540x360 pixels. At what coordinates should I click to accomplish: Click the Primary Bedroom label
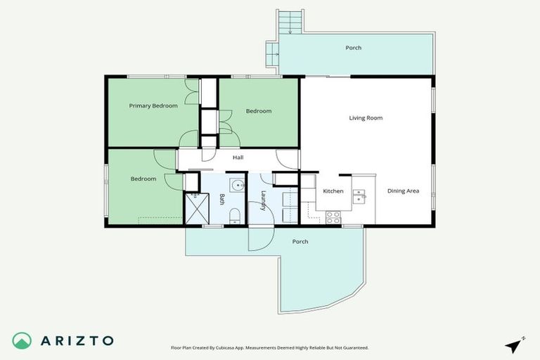coord(153,106)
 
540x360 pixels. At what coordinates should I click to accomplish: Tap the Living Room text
coord(366,118)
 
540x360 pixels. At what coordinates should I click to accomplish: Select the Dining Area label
coord(404,191)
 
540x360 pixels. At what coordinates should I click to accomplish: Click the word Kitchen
coord(333,191)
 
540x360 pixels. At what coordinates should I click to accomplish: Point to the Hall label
coord(238,157)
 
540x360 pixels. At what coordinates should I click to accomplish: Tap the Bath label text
coord(221,199)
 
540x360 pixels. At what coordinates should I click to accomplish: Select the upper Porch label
coord(353,48)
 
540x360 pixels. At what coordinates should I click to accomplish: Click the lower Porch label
coord(300,242)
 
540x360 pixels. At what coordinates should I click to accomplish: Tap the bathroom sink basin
coord(237,187)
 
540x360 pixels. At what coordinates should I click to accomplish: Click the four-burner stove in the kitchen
coord(333,217)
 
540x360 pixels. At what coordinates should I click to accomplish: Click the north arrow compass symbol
coord(515,345)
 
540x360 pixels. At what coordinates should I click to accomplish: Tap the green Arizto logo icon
coord(22,340)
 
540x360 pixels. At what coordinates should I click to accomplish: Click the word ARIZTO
coord(77,340)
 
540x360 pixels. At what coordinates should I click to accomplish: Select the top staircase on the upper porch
coord(288,22)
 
